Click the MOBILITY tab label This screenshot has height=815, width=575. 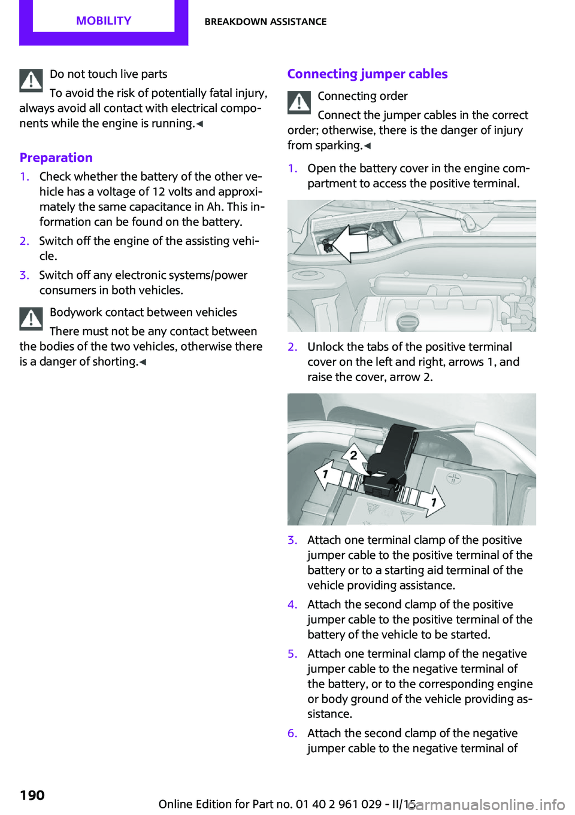point(104,21)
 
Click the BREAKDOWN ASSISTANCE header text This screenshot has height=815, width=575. point(265,22)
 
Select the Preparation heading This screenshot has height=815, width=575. point(56,157)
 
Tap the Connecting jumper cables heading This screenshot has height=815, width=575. point(367,74)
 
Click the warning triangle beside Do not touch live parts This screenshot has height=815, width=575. point(31,80)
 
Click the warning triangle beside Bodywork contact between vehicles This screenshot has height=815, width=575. point(31,318)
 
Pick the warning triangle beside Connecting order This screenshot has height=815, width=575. point(299,102)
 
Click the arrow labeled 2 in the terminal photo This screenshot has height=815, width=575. point(353,455)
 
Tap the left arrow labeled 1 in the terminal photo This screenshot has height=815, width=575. point(325,475)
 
